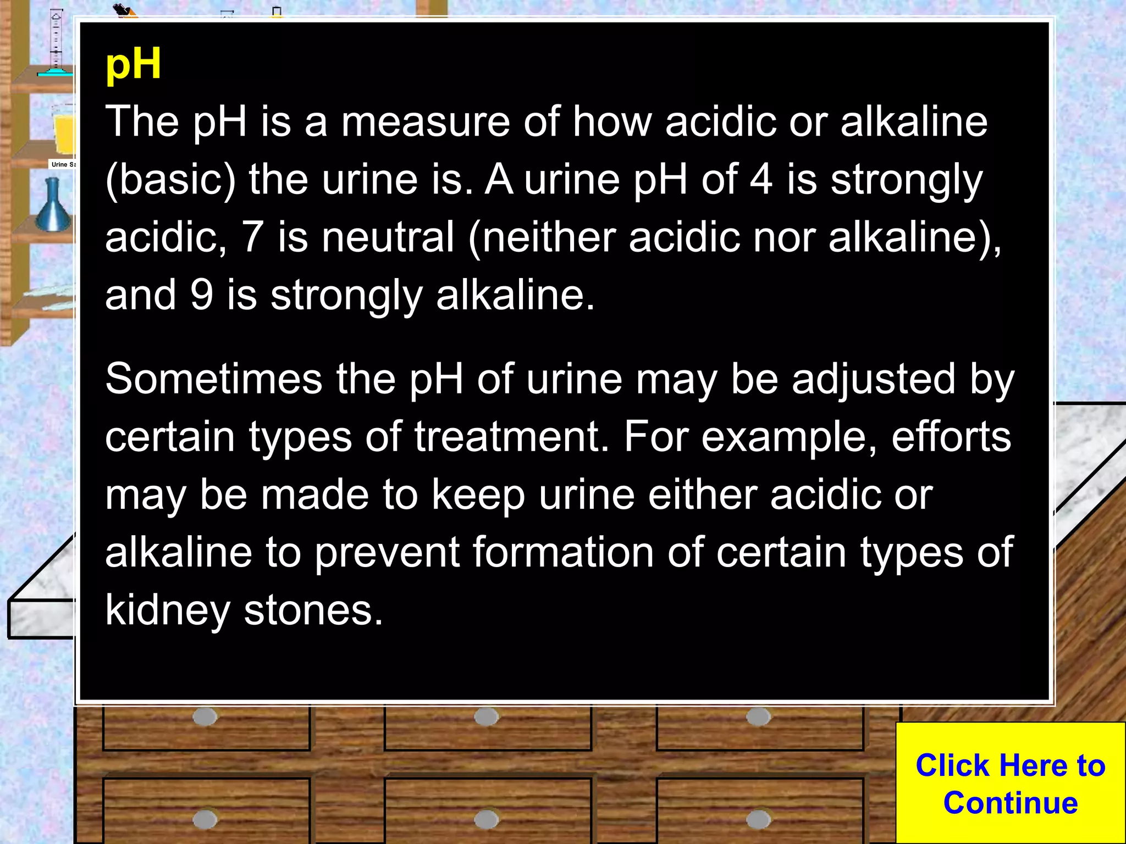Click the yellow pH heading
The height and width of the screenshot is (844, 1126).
tap(133, 65)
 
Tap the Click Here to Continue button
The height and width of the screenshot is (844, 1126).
tap(1010, 784)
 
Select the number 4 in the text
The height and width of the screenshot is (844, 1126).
tap(761, 179)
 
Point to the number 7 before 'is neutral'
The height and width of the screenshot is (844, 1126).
tap(252, 237)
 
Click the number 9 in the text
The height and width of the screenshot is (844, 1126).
tap(202, 295)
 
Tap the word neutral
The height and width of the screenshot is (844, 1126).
tap(388, 237)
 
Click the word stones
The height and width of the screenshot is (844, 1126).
tap(313, 610)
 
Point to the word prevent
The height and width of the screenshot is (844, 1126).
tap(387, 552)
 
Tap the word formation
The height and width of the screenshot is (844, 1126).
tap(563, 552)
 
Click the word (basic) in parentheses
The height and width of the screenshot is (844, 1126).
tap(170, 180)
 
